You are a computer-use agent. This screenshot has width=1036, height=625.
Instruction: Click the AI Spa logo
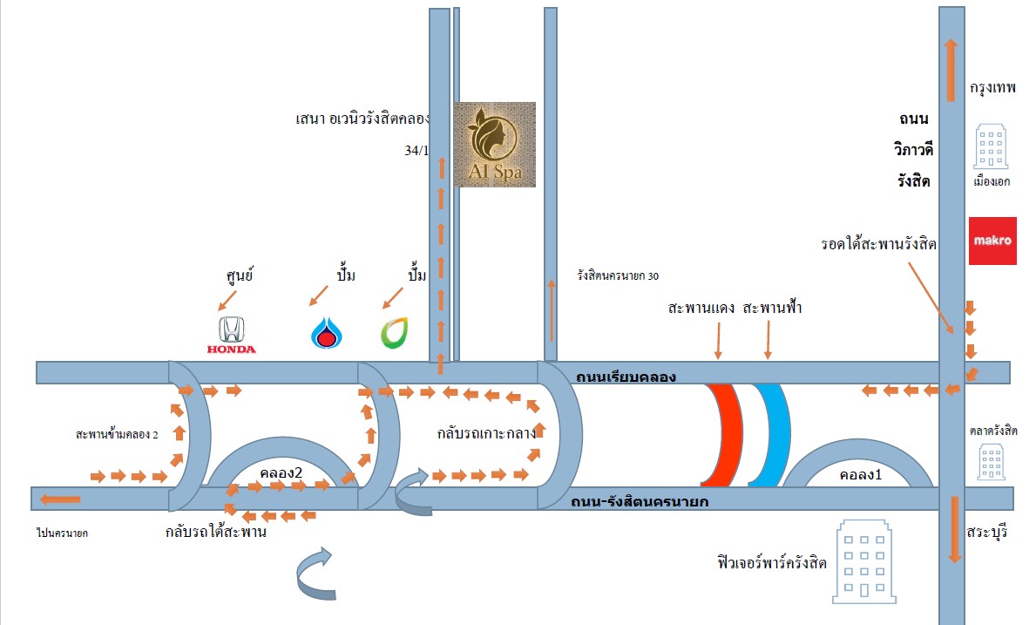point(494,145)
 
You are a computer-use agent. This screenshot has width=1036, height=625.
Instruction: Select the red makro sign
point(992,241)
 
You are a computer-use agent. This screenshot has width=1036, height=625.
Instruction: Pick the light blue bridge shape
point(771,434)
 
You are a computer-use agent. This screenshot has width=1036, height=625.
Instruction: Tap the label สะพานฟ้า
point(773,309)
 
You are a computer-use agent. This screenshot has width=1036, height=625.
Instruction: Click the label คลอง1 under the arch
point(861,476)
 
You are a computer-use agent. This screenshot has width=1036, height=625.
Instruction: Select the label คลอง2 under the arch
point(281,472)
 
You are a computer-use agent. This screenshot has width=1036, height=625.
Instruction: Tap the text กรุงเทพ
point(992,89)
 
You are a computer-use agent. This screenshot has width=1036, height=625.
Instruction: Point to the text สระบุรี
point(986,531)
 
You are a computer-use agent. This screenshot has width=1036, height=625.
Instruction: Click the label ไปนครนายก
point(63,532)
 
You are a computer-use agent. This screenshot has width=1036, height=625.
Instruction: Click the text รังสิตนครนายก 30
point(617,275)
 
